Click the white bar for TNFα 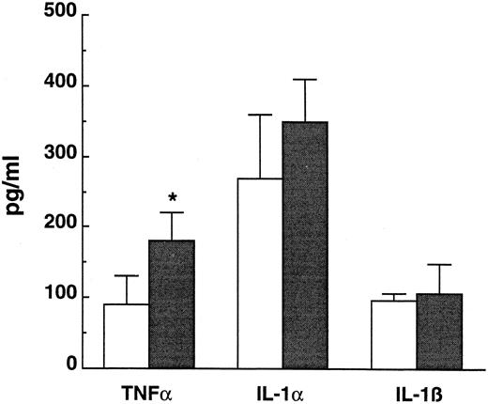point(126,335)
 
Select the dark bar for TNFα point(171,303)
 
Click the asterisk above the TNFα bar point(172,198)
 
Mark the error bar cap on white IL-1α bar point(260,115)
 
